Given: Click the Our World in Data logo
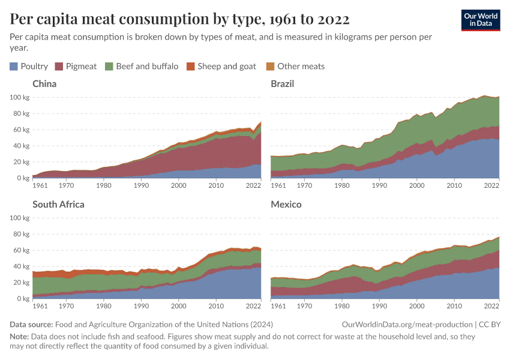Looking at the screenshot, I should tap(481, 20).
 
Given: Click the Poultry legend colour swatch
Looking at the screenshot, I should tap(14, 67).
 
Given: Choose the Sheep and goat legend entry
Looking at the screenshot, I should tap(226, 67).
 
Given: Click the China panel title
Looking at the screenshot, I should tap(44, 84).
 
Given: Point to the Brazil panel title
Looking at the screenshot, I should tap(283, 84).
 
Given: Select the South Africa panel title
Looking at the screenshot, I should tap(58, 205).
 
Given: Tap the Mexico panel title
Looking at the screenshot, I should tap(286, 205).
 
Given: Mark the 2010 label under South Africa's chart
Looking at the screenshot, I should tap(215, 307).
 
